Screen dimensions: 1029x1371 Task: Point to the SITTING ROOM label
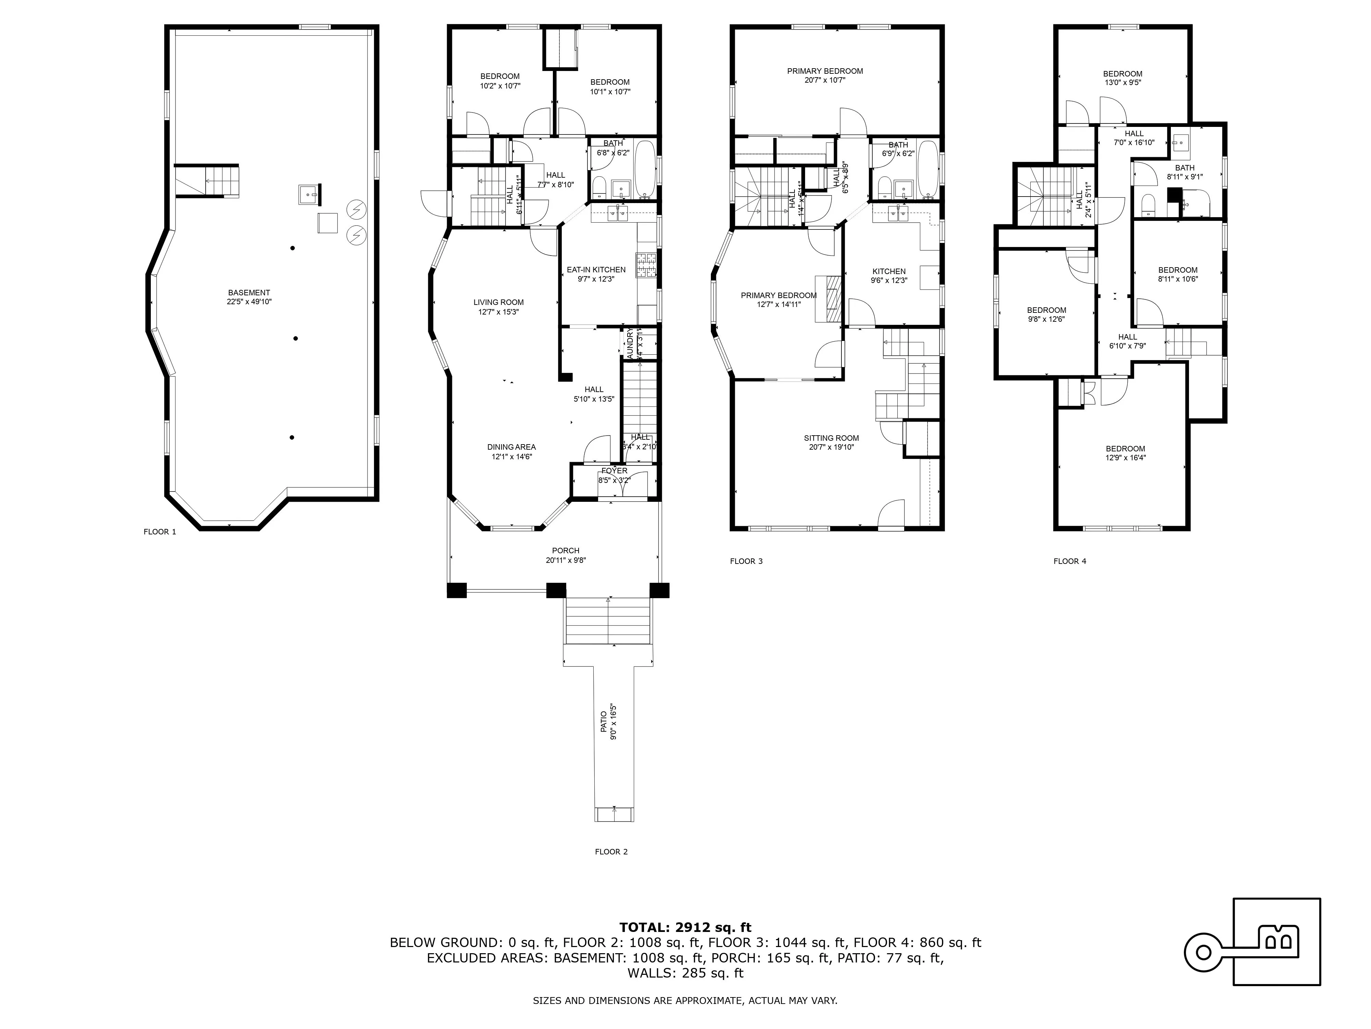click(831, 438)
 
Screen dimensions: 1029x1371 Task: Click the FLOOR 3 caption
click(746, 561)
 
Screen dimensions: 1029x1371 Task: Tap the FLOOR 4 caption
click(1070, 561)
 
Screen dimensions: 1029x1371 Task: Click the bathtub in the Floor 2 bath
click(645, 169)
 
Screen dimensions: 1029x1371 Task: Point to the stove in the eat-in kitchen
click(645, 265)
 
